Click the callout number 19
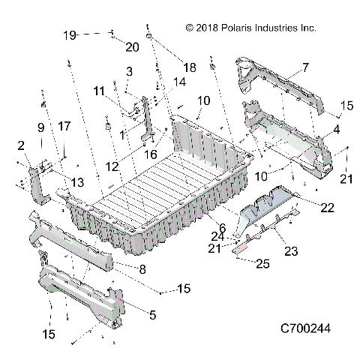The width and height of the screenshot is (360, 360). (69, 35)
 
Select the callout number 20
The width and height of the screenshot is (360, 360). (132, 47)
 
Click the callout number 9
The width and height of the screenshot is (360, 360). (40, 127)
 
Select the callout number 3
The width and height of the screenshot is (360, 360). (129, 71)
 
